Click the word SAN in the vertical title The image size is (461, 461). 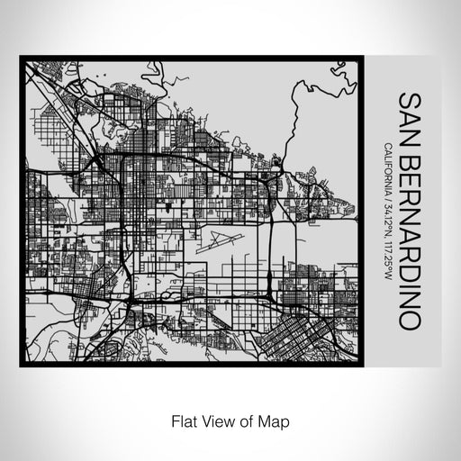409,113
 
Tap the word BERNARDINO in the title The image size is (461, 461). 409,236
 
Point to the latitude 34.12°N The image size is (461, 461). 388,224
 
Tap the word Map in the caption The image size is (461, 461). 276,420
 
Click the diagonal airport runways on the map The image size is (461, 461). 220,241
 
